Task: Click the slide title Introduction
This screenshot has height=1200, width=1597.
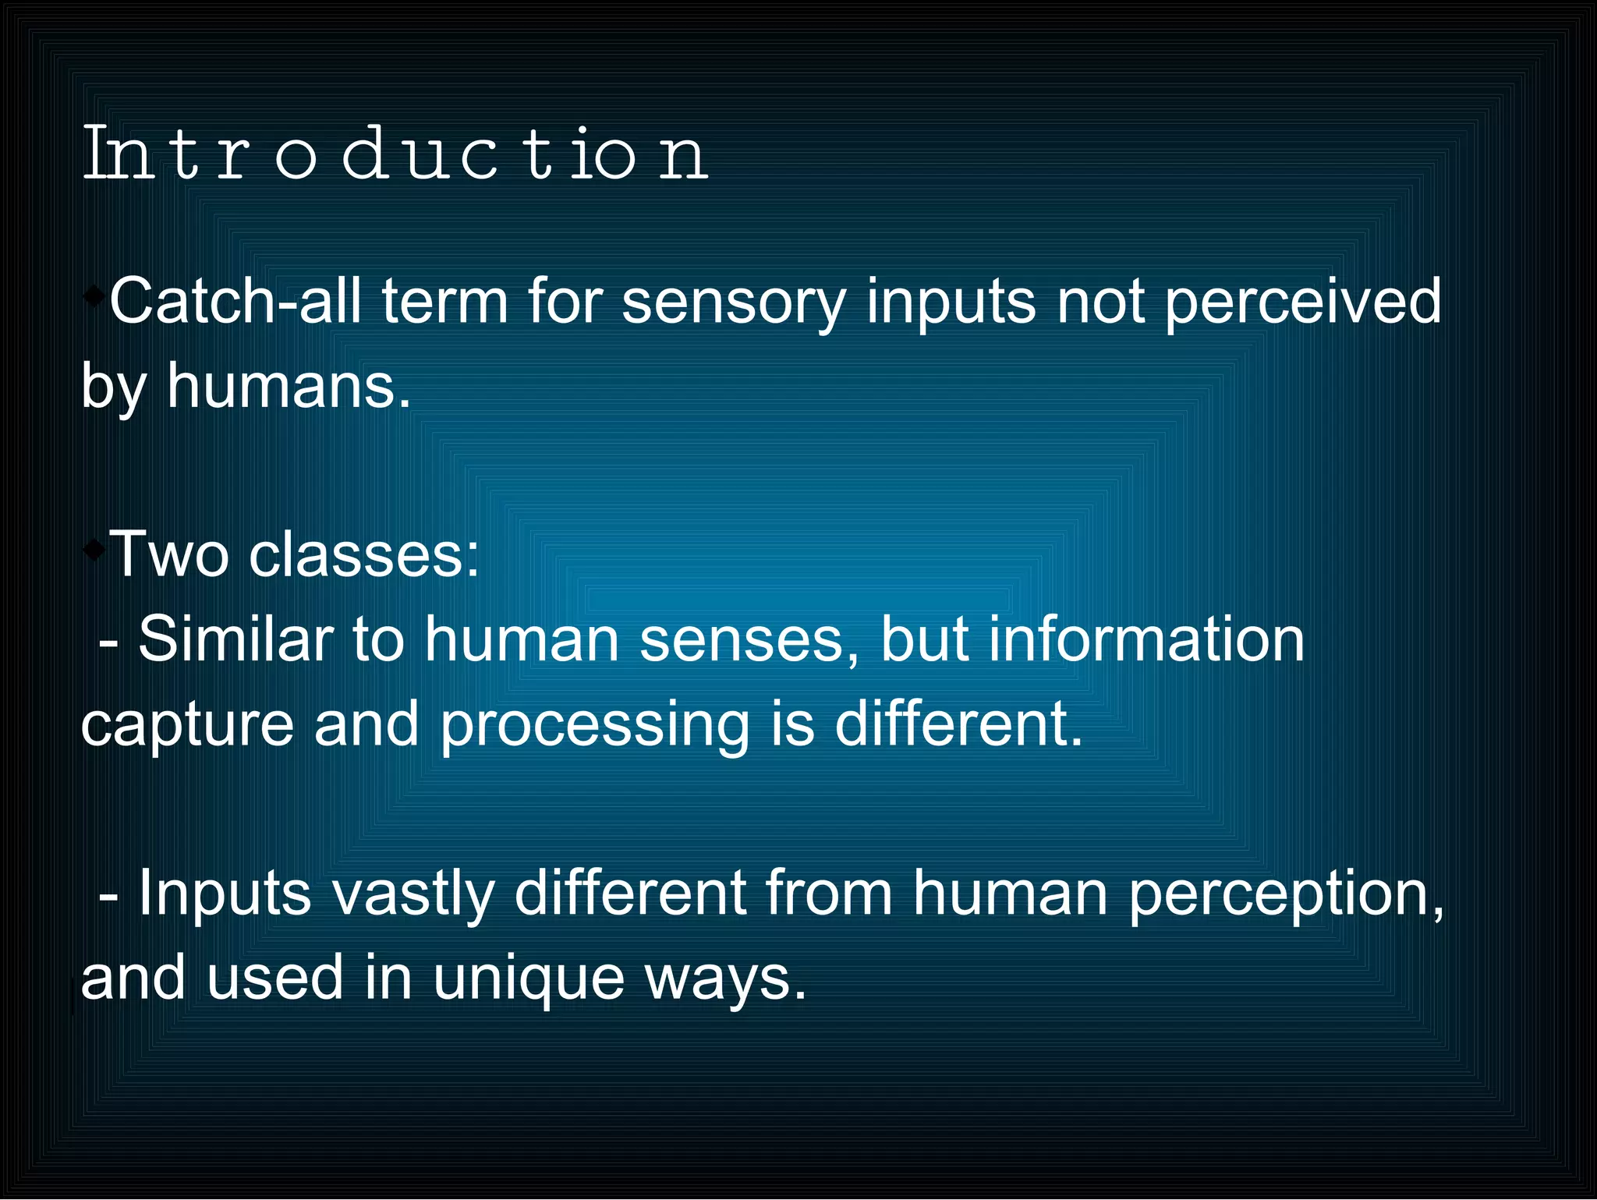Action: tap(395, 154)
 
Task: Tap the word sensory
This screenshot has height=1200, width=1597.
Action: tap(733, 303)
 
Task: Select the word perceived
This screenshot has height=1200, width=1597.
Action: tap(1302, 303)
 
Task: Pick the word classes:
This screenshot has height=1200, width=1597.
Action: tap(363, 554)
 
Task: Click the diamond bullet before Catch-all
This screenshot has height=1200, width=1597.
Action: tap(94, 296)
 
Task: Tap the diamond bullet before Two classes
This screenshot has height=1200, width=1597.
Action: tap(94, 550)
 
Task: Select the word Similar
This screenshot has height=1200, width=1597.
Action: tap(235, 639)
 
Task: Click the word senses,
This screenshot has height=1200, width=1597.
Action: tap(749, 639)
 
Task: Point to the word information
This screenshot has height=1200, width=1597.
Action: tap(1146, 639)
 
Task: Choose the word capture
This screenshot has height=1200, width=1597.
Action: tap(187, 725)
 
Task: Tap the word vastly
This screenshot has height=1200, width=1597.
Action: tap(413, 894)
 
